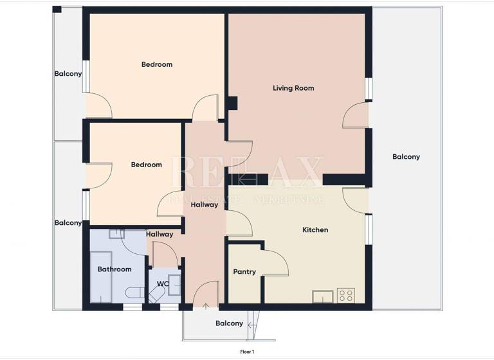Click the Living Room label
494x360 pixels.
293,88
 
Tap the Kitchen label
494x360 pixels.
315,230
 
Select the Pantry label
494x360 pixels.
244,272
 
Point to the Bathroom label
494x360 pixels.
114,269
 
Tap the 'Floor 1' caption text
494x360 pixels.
247,352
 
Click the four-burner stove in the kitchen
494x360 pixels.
345,295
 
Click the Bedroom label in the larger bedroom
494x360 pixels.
157,64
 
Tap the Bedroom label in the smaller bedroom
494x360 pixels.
146,165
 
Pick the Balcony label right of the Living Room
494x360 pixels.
406,157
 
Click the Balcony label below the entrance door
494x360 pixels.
229,323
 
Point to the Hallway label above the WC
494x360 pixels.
159,235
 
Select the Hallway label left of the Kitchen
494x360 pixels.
204,204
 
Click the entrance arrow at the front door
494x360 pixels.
206,306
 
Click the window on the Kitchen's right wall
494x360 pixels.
369,230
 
